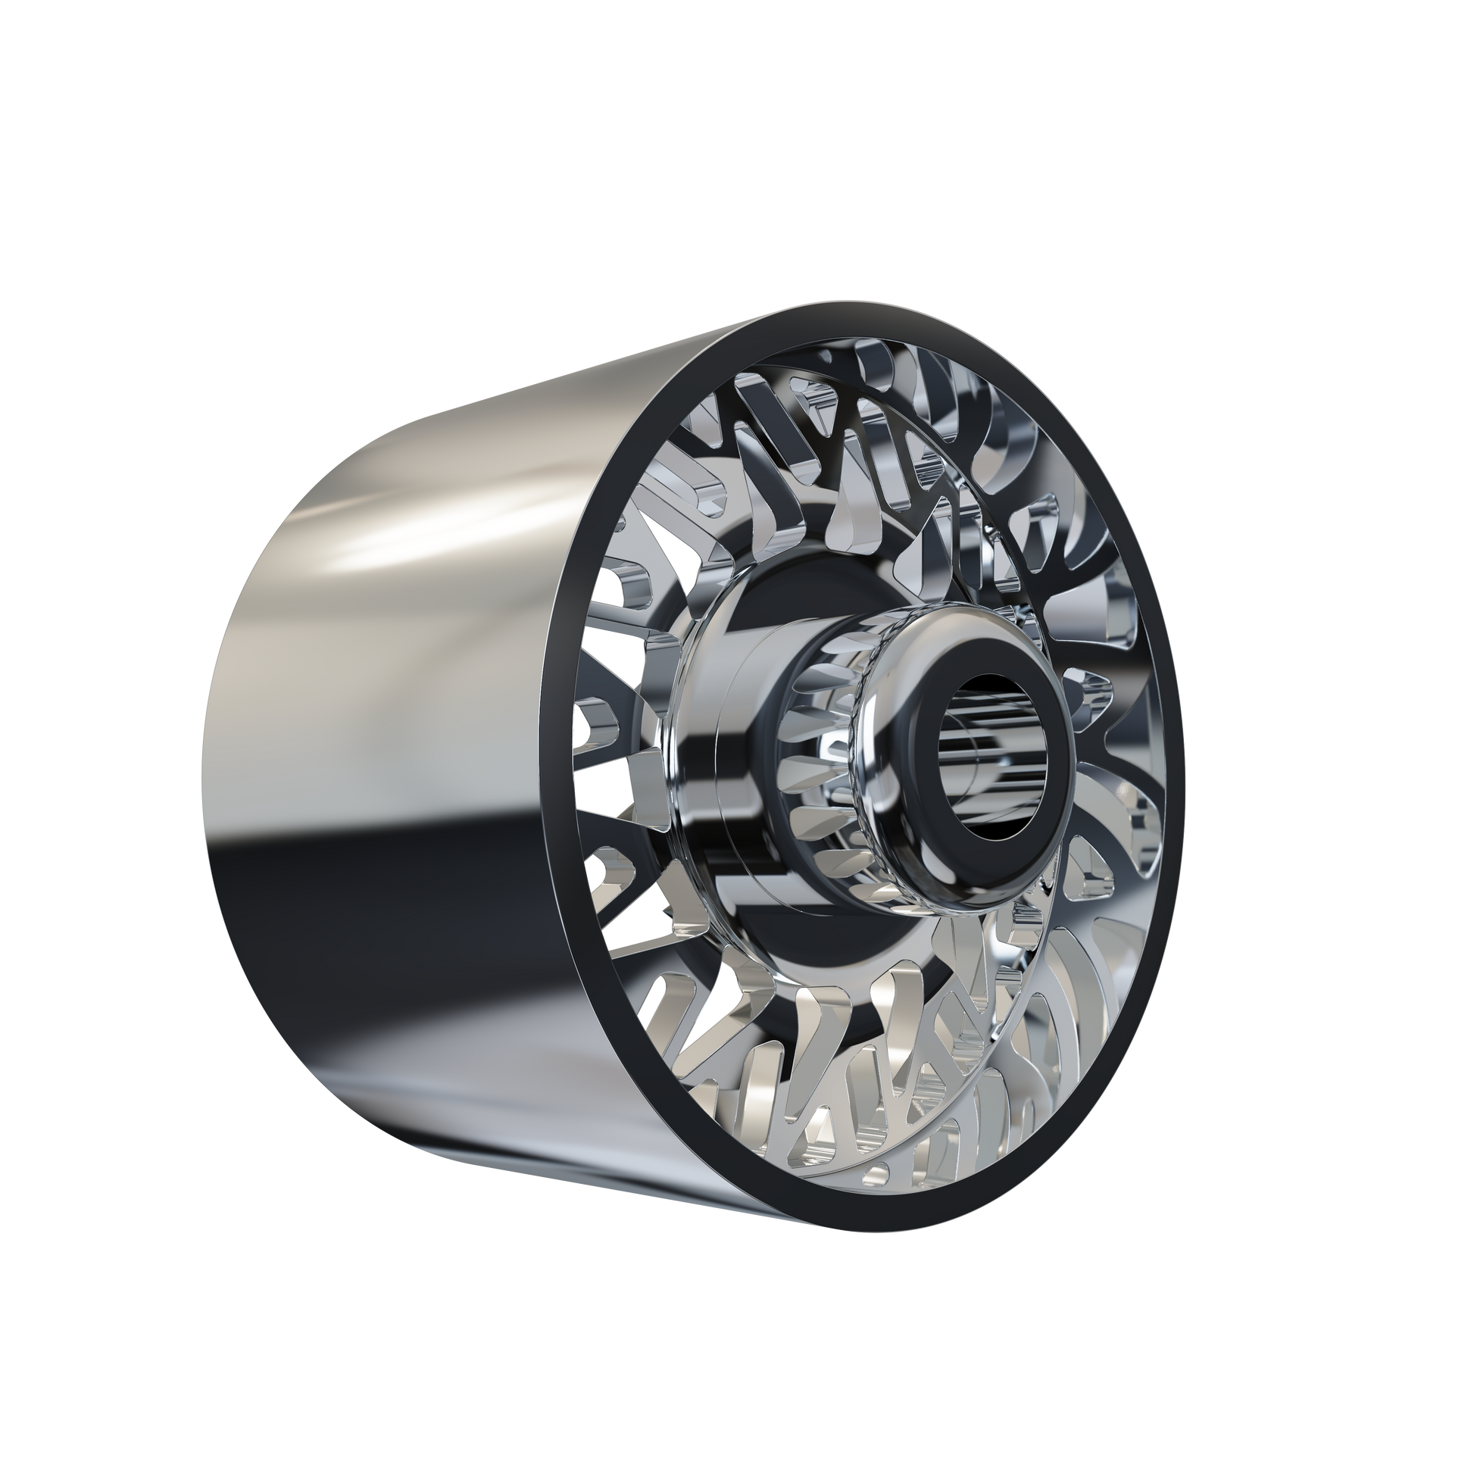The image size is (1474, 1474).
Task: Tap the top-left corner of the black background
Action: point(4,4)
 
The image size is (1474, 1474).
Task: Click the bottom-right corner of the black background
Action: point(1469,1469)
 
